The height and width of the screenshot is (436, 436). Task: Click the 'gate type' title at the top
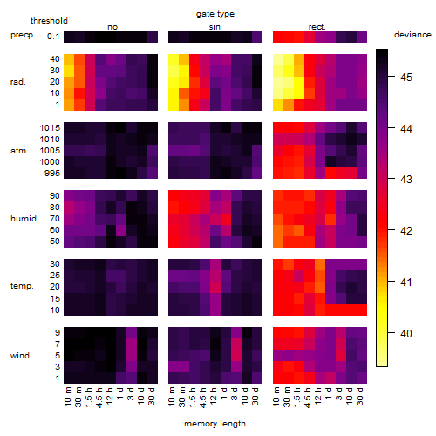click(x=215, y=14)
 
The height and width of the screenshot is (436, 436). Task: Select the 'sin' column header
click(x=215, y=27)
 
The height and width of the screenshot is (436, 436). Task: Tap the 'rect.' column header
click(x=317, y=27)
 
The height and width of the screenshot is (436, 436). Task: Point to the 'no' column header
click(x=112, y=27)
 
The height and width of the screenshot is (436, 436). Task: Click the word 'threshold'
click(x=49, y=21)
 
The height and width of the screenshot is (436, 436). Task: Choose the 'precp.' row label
click(x=23, y=35)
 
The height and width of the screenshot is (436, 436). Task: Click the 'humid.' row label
click(x=24, y=218)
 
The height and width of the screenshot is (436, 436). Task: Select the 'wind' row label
click(x=20, y=356)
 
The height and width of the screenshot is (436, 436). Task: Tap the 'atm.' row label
click(x=19, y=151)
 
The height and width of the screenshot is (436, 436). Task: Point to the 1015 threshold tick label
click(x=50, y=128)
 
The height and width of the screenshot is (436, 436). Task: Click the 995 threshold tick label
click(x=52, y=174)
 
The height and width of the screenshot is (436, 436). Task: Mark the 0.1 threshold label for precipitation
click(x=53, y=37)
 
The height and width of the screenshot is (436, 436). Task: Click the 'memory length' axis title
click(x=215, y=424)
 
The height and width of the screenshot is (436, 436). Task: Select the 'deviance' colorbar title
click(x=412, y=35)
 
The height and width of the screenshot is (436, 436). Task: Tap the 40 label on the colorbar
click(x=406, y=333)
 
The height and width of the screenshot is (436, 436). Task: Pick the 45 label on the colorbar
click(x=406, y=78)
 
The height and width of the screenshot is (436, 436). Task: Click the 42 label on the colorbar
click(x=406, y=231)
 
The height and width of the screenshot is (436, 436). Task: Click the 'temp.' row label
click(x=22, y=286)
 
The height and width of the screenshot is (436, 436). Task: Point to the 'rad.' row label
click(x=18, y=82)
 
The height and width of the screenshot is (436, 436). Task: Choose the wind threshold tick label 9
click(x=58, y=333)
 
